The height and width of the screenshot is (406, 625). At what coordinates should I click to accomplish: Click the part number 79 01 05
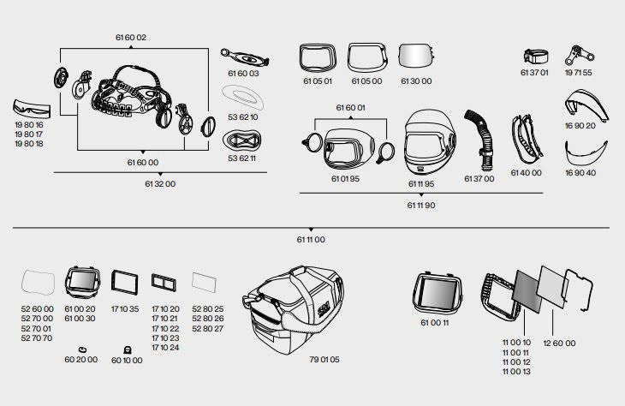coord(324,359)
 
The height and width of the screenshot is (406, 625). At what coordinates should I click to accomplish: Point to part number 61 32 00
coord(160,183)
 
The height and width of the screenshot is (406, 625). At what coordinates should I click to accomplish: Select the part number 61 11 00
coord(312,240)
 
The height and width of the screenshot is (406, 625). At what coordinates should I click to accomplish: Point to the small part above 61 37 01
coord(536,57)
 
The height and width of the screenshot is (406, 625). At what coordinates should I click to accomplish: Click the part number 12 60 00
coord(558,343)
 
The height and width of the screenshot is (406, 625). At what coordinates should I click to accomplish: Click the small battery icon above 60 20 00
coord(81,349)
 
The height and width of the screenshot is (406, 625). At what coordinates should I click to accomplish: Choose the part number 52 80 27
coord(207,328)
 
